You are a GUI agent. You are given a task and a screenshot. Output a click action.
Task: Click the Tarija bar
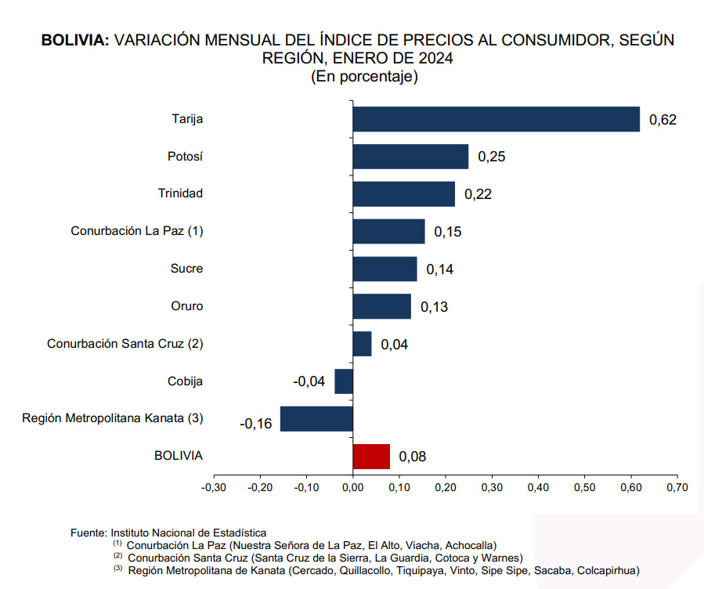coord(496,119)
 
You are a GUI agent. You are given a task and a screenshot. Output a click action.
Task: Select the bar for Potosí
coord(410,157)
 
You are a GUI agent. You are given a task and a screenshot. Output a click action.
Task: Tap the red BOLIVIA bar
coord(371,456)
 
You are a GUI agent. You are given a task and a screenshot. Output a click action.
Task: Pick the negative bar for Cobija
coord(344,381)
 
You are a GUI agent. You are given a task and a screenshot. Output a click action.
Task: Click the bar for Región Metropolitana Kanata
coord(316,418)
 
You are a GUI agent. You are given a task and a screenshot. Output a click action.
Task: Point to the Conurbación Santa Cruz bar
coord(362,344)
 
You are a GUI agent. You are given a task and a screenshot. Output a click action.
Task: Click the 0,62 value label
coord(662,120)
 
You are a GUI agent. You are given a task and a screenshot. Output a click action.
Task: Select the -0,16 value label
coord(256,424)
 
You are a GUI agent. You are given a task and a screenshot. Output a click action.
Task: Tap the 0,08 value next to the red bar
coord(412,457)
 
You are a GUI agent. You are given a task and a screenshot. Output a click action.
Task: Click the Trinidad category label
coord(180,193)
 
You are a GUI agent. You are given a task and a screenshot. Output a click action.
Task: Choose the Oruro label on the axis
coord(186,306)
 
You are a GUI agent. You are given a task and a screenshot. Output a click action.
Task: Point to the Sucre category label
coord(186,269)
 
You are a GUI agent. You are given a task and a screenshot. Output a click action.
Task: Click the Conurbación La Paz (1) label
coord(137,231)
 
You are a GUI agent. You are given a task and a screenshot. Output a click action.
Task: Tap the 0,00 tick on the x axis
coord(352,487)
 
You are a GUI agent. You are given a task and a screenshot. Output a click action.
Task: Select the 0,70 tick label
coord(677,487)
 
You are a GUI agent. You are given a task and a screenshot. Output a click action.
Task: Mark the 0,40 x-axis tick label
coord(538,487)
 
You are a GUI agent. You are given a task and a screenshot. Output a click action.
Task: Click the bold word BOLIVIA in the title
coord(75,40)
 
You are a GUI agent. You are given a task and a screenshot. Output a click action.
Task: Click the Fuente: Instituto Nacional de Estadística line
coord(168,533)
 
